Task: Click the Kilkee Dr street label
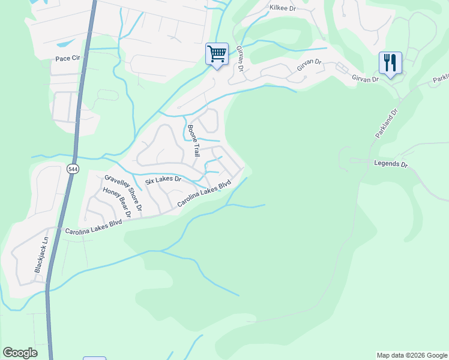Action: click(284, 8)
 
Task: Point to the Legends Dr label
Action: click(391, 164)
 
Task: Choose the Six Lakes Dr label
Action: click(163, 179)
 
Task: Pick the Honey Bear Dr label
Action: click(116, 203)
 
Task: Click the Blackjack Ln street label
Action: click(40, 254)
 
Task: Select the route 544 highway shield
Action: click(73, 170)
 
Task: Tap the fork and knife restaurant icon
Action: click(390, 63)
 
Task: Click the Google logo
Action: click(20, 353)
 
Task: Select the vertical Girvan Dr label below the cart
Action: click(240, 59)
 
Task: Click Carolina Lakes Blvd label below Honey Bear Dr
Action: click(93, 226)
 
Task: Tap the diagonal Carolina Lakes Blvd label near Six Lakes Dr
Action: click(204, 194)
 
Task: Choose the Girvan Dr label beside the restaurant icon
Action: click(366, 79)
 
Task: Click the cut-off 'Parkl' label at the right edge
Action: click(441, 79)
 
